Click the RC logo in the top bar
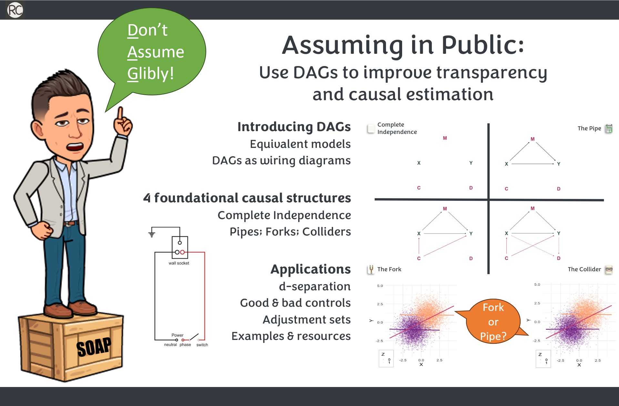15,10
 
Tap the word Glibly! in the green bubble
150,73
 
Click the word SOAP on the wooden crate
94,347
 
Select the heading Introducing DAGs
294,127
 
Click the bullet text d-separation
314,286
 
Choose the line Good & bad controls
295,303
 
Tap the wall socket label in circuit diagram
179,263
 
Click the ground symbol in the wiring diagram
152,234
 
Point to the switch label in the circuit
202,345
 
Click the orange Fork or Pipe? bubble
493,322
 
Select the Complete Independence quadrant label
397,128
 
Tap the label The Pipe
589,128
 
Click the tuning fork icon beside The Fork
371,269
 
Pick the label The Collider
584,269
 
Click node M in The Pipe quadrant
533,139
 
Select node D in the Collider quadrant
559,258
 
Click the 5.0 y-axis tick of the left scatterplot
380,286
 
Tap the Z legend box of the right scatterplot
543,359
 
